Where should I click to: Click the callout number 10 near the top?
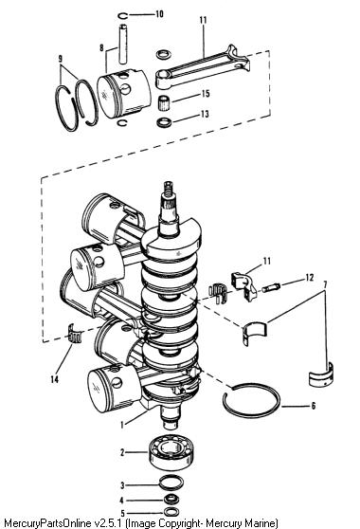(159, 14)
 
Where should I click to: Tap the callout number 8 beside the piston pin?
(101, 47)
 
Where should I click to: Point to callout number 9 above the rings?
(61, 59)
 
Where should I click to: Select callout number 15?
(206, 94)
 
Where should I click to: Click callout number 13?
(205, 114)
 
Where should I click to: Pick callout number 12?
(310, 278)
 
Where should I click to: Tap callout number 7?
(325, 285)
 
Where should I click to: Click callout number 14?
(55, 379)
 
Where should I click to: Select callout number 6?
(314, 406)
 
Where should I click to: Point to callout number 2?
(123, 452)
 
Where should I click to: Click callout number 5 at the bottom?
(123, 514)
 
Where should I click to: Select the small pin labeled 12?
(271, 288)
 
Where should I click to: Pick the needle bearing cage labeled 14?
(75, 334)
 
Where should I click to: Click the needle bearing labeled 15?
(164, 102)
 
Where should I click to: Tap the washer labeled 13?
(164, 121)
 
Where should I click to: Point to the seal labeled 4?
(171, 500)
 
